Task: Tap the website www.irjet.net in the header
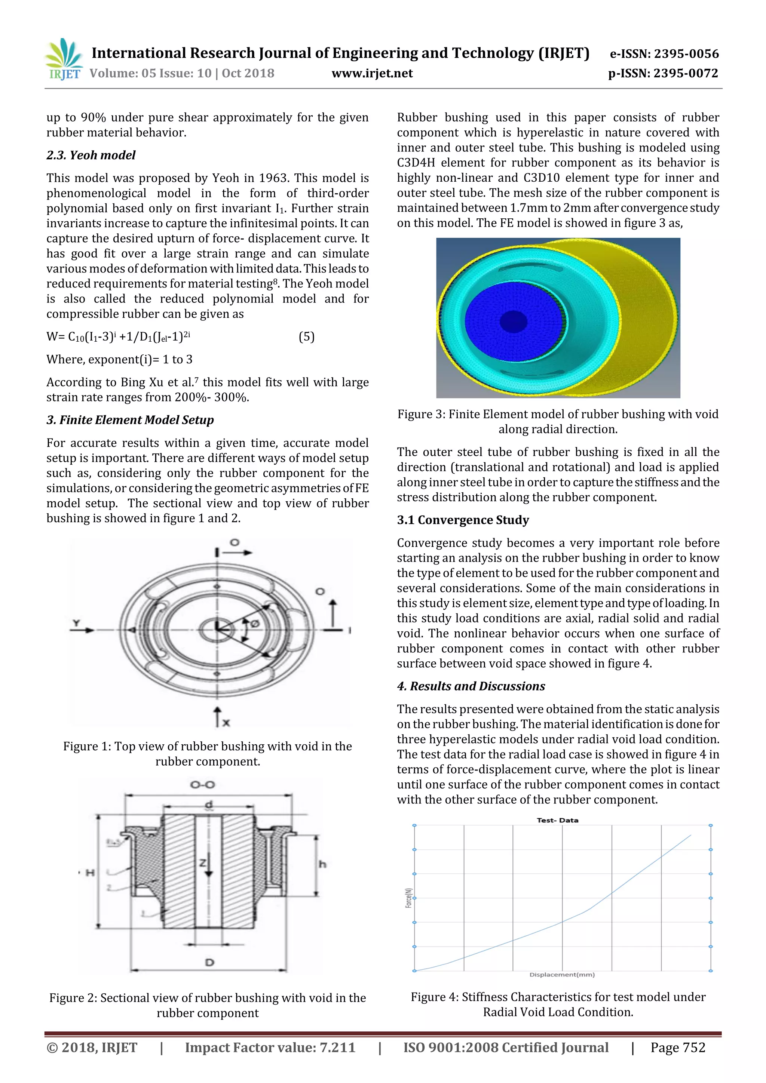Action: click(372, 74)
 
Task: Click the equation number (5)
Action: click(306, 336)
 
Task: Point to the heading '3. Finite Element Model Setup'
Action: click(130, 420)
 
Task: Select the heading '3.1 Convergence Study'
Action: click(463, 520)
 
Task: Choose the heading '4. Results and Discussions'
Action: click(471, 686)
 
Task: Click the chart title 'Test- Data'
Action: click(557, 820)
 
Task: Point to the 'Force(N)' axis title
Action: click(409, 898)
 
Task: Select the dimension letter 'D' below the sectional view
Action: click(209, 962)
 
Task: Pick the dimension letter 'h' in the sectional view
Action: click(322, 864)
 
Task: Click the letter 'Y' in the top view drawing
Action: click(76, 624)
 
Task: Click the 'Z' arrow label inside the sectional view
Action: click(202, 863)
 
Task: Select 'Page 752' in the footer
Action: click(678, 1047)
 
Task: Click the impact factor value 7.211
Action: click(337, 1047)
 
